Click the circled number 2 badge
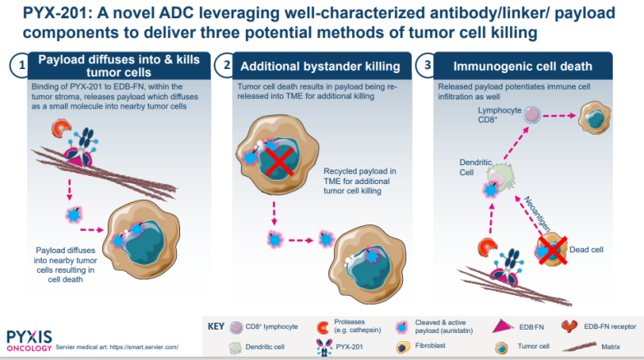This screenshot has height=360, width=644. pos(224,66)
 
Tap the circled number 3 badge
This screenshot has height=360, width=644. pos(425,66)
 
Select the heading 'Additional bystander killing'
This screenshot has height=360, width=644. pos(319,66)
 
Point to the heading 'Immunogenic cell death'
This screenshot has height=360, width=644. pos(524,66)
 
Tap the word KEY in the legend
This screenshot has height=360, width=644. pos(215,326)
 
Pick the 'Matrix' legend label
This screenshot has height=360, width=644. pos(609,347)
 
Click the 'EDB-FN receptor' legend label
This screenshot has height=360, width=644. pos(609,326)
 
